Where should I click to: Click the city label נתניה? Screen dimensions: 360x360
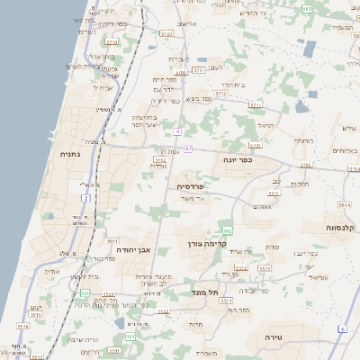(69, 154)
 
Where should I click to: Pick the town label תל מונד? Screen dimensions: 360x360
(206, 292)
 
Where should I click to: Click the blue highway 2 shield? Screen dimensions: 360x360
(86, 197)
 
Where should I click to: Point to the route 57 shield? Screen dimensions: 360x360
(187, 148)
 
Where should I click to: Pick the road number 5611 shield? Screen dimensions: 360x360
(112, 242)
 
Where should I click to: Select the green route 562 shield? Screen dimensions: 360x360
(229, 231)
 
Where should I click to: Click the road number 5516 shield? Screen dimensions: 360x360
(108, 293)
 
